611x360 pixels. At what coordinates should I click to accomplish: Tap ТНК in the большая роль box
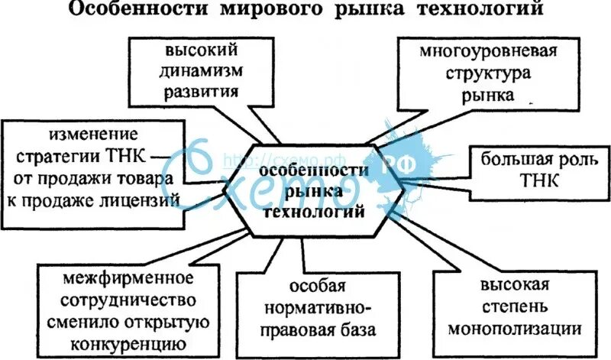(x=541, y=182)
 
